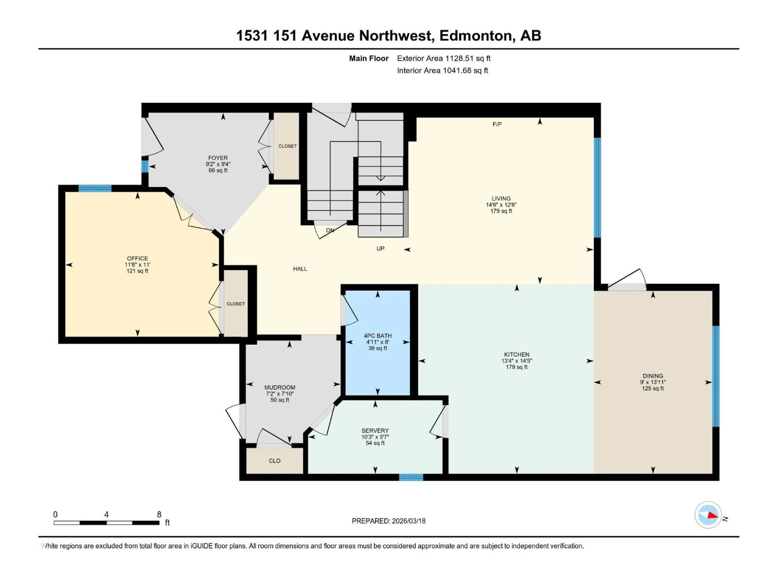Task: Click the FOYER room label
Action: (218, 158)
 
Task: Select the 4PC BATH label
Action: (377, 336)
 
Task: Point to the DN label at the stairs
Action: (330, 230)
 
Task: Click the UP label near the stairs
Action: (380, 249)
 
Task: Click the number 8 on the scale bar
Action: (159, 514)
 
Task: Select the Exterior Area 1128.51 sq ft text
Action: (444, 58)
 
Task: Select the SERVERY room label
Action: (375, 430)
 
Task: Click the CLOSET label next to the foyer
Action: (287, 146)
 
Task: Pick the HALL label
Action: (300, 269)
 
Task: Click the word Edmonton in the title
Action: (475, 35)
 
